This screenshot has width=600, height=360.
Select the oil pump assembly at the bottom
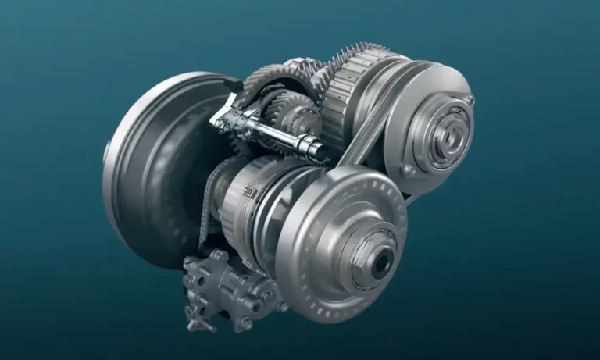tap(227, 289)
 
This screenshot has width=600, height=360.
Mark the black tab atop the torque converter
tap(232, 81)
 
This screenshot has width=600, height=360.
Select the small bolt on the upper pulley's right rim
tap(470, 99)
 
